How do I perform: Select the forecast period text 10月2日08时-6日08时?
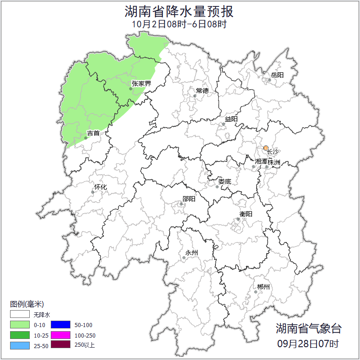click(x=179, y=24)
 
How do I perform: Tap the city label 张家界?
click(x=141, y=83)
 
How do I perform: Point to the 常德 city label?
click(x=202, y=91)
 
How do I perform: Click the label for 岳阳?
click(x=277, y=75)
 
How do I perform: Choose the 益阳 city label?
click(x=231, y=119)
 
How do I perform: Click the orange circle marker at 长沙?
click(x=266, y=148)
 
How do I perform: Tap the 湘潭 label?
click(x=261, y=162)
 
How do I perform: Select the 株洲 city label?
click(x=274, y=162)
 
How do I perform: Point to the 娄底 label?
click(x=224, y=181)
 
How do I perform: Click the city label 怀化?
click(x=100, y=187)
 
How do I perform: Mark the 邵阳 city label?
click(x=188, y=199)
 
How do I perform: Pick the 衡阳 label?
click(x=245, y=214)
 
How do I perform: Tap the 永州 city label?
click(x=192, y=253)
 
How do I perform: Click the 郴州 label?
click(x=263, y=287)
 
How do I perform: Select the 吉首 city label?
click(x=93, y=133)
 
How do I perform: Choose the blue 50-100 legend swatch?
click(x=60, y=325)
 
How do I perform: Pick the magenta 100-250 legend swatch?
click(x=60, y=335)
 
